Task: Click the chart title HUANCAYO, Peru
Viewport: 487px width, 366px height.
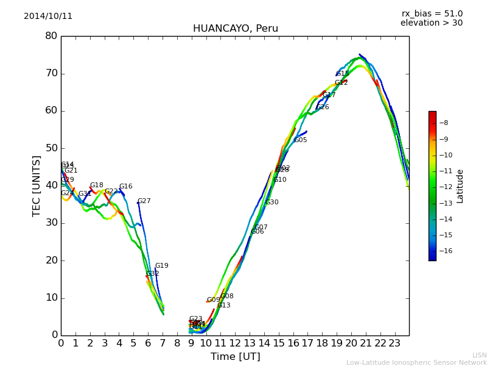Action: tap(236, 29)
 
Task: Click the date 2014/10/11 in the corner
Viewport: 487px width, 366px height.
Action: tap(48, 16)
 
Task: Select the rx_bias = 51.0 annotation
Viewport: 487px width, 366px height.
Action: tap(432, 14)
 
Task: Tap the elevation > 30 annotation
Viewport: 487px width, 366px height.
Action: tap(431, 23)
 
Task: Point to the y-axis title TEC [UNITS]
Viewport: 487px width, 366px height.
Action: tap(37, 185)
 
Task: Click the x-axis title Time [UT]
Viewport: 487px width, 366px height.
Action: tap(235, 357)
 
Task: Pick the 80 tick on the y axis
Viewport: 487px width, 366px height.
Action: tap(51, 36)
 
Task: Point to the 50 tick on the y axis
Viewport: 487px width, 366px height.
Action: tap(51, 148)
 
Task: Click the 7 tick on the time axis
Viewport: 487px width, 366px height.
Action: tap(163, 343)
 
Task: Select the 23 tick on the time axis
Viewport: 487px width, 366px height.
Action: tap(394, 343)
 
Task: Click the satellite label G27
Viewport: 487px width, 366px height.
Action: tap(144, 201)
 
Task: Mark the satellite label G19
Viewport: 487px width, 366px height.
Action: tap(162, 266)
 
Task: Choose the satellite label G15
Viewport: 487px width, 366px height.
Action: tap(343, 74)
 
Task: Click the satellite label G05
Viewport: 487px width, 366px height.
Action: tap(301, 140)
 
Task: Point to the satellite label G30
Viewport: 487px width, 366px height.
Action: tap(272, 203)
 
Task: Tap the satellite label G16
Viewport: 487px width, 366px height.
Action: tap(126, 187)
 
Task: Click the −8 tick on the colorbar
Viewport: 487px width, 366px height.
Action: tap(444, 123)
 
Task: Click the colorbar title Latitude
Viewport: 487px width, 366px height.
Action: tap(460, 186)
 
